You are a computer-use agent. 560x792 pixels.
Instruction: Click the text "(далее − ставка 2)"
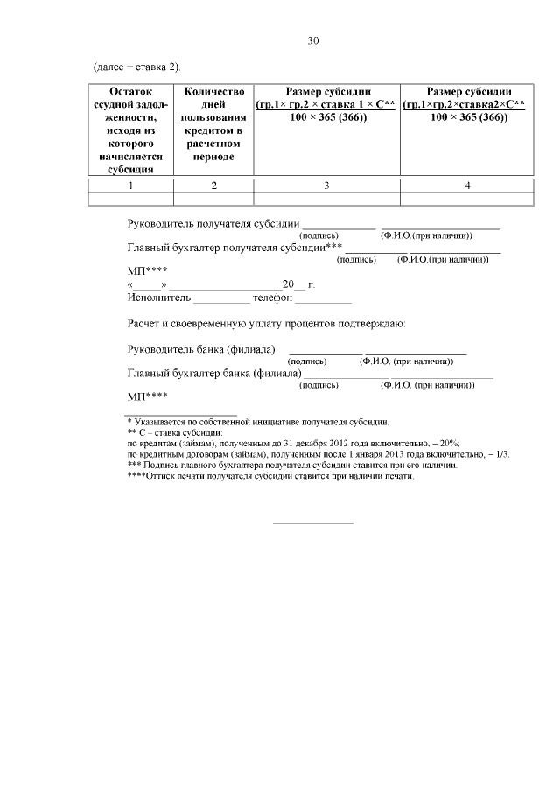coord(137,67)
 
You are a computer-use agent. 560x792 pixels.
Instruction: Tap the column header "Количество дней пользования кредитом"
coord(213,123)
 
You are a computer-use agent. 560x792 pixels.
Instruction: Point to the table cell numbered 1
coord(130,186)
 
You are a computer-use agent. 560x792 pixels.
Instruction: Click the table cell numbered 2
coord(213,186)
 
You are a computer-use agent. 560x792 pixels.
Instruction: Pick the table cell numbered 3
coord(326,186)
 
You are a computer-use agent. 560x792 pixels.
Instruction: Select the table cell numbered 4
coord(467,186)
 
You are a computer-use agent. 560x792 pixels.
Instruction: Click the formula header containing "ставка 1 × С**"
coord(326,105)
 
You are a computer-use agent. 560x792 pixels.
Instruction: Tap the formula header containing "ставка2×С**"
coord(467,105)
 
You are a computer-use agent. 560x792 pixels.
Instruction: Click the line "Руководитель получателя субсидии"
coord(213,224)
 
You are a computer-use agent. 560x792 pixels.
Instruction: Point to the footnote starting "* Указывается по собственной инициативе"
coord(259,422)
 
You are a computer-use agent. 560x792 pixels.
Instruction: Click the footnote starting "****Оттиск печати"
coord(269,477)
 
